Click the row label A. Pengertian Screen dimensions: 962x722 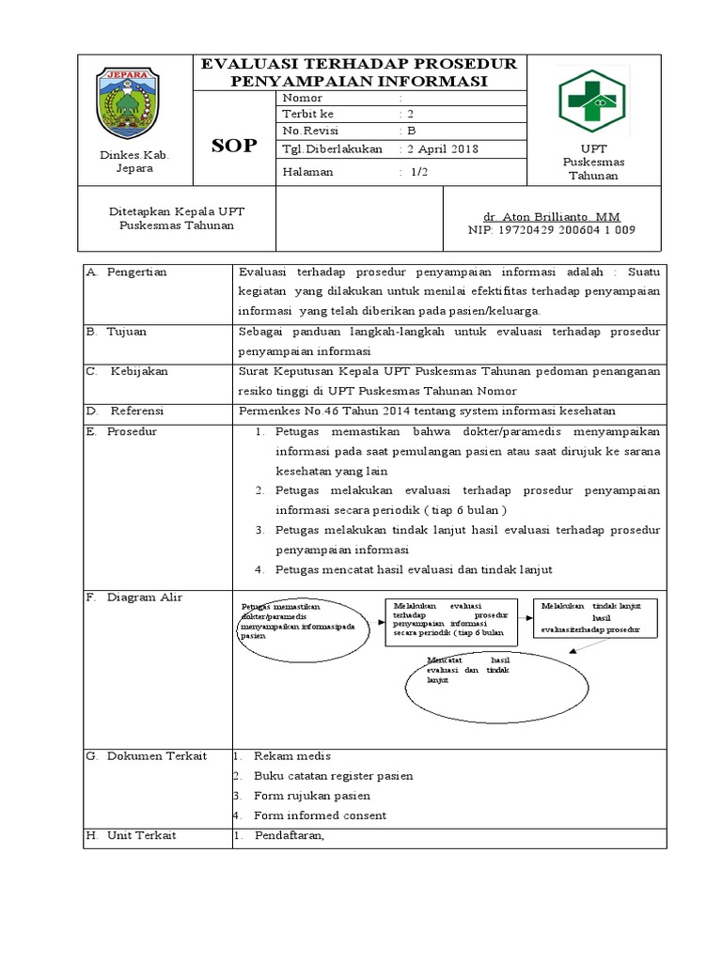[x=126, y=272]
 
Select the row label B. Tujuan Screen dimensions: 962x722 [x=117, y=333]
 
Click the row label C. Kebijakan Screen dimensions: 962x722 [x=127, y=372]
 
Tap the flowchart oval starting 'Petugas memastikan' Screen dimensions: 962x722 [x=302, y=623]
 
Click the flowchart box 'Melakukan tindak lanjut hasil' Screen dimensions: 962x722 [x=596, y=618]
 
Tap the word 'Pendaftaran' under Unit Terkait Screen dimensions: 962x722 [x=288, y=836]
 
